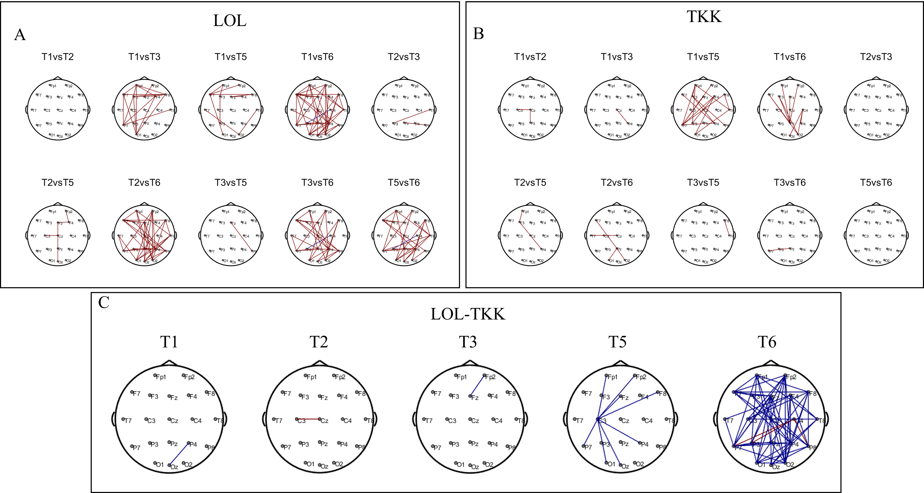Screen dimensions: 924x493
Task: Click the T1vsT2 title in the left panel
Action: coord(58,57)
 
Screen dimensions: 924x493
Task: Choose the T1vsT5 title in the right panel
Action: coord(703,57)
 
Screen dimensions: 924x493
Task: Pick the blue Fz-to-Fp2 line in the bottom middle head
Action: coord(477,386)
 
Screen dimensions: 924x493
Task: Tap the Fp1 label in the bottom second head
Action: coord(311,377)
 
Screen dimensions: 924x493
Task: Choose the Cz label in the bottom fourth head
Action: coord(625,421)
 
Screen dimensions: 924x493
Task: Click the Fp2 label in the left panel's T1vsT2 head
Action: coord(69,86)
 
